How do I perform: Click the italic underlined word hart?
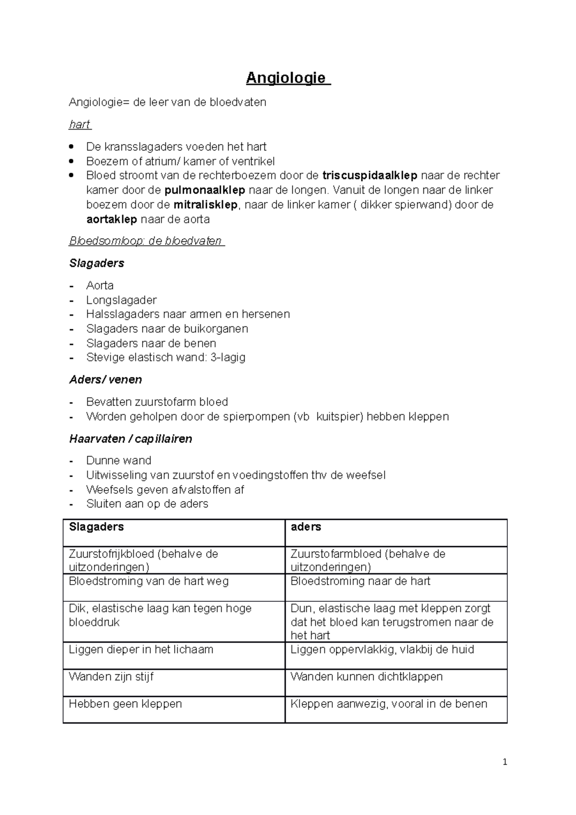click(80, 125)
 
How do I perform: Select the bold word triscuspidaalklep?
click(370, 175)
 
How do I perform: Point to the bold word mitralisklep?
click(205, 205)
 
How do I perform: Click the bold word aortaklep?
click(111, 220)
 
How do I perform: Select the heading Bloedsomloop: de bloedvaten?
click(146, 241)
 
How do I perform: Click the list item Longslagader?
click(121, 300)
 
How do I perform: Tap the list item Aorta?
click(100, 286)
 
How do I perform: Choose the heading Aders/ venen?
click(106, 380)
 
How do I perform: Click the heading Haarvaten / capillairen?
click(131, 439)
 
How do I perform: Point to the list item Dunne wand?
click(119, 461)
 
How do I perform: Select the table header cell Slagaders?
click(96, 527)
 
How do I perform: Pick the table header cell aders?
click(306, 527)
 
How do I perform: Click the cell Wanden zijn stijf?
click(111, 677)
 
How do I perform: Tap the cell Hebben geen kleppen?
click(125, 704)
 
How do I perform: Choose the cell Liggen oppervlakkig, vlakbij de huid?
click(382, 649)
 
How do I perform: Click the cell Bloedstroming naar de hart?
click(360, 581)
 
